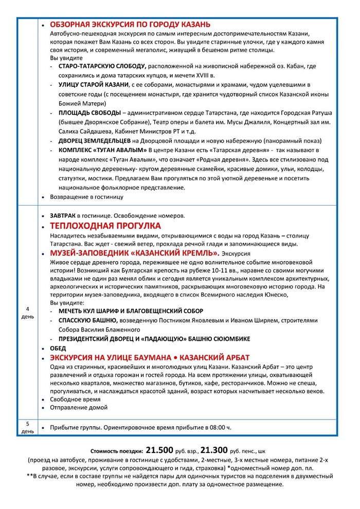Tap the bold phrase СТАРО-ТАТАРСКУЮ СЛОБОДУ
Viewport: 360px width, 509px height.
103,67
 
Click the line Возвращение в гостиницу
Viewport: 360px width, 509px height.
86,196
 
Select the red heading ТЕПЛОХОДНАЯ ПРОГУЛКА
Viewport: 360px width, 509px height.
105,226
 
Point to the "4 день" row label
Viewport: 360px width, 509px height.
27,312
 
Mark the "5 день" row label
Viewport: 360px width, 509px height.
27,427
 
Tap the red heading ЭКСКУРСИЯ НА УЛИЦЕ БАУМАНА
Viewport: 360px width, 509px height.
110,358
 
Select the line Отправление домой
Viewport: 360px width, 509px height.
78,407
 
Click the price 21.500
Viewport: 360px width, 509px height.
163,449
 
